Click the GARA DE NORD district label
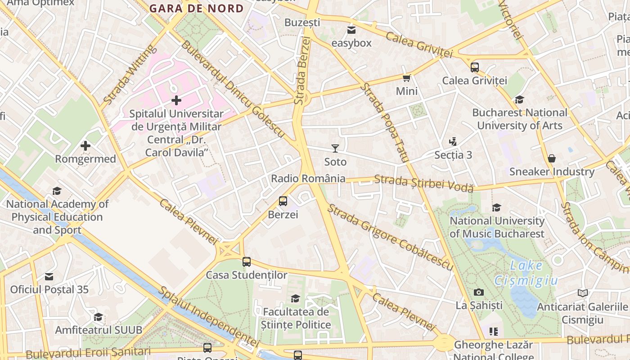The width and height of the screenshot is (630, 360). (196, 9)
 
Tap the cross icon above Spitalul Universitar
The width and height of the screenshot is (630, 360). (176, 100)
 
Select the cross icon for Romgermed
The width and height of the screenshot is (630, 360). (85, 146)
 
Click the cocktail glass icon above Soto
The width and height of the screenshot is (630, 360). (335, 148)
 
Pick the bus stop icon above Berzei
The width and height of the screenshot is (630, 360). (283, 201)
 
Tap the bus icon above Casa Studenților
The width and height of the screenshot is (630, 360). (247, 261)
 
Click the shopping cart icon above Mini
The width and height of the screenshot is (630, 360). (407, 78)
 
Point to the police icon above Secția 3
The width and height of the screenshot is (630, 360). (453, 142)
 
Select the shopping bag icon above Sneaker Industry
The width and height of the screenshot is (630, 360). (552, 158)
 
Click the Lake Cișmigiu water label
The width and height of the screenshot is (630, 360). (526, 273)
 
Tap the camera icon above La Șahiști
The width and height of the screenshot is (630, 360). (479, 292)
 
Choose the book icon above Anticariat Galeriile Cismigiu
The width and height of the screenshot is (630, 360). (583, 293)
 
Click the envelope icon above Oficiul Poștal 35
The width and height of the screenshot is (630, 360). (49, 276)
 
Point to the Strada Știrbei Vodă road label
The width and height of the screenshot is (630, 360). (424, 184)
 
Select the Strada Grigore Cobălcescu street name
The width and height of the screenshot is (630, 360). (390, 237)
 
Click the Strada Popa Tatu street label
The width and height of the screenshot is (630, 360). (384, 122)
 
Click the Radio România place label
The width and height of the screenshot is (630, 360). (308, 179)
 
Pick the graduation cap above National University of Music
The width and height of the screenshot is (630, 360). (497, 207)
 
